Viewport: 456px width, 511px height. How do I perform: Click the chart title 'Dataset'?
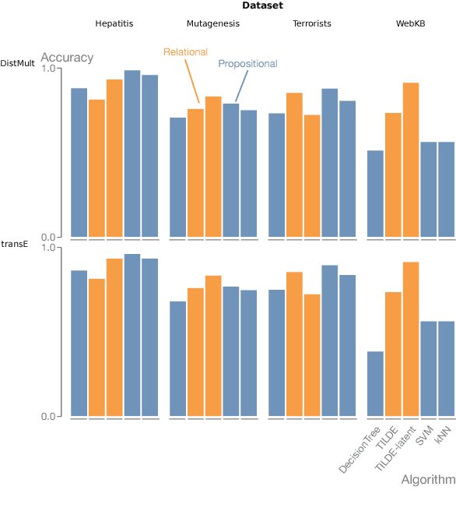[262, 6]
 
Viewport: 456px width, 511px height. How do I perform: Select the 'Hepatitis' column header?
[114, 23]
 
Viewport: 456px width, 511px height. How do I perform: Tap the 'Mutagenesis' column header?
[213, 23]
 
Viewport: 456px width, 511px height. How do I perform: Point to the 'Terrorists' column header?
[311, 23]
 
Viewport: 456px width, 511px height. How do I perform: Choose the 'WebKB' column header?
[410, 23]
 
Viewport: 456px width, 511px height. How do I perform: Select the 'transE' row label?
[14, 243]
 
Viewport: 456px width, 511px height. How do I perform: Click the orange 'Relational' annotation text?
[185, 52]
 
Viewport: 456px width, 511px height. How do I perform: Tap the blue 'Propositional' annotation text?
[247, 64]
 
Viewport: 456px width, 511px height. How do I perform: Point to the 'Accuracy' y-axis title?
[67, 58]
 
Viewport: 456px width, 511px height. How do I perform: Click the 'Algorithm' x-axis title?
[428, 479]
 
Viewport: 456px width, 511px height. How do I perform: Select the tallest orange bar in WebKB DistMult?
[411, 160]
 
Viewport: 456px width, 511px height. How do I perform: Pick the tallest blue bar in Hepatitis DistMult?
[132, 153]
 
